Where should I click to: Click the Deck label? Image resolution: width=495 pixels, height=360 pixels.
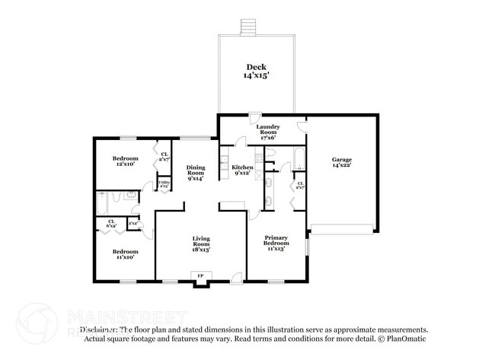point(255,71)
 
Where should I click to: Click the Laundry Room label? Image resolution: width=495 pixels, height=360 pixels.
point(268,130)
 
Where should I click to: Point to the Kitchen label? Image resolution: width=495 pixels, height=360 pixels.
point(243,169)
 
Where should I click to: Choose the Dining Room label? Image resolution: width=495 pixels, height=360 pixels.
point(196,173)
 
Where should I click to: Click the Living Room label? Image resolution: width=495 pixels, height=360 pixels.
point(201,244)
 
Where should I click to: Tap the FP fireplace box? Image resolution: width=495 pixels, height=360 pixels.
point(201,276)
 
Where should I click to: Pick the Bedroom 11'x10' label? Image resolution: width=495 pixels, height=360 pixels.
point(125,254)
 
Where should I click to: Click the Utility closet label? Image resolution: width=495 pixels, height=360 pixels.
point(164,183)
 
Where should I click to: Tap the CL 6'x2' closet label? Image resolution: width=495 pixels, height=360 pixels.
point(111,224)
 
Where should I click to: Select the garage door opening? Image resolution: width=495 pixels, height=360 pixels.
point(343,228)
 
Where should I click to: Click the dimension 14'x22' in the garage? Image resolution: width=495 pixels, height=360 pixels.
point(341,167)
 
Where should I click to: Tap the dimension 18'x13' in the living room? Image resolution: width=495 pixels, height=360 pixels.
point(201,249)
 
